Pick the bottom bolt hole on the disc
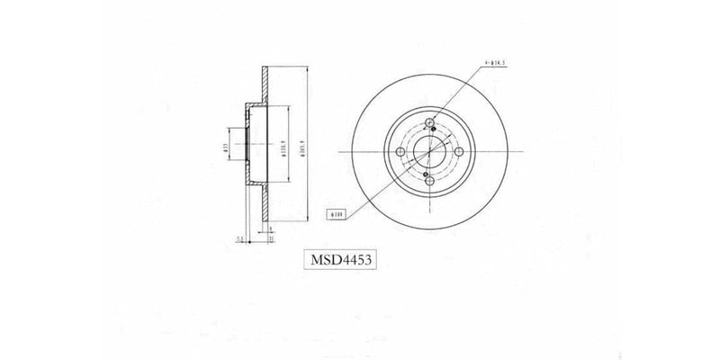coord(429,180)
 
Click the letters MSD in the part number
coord(324,260)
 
